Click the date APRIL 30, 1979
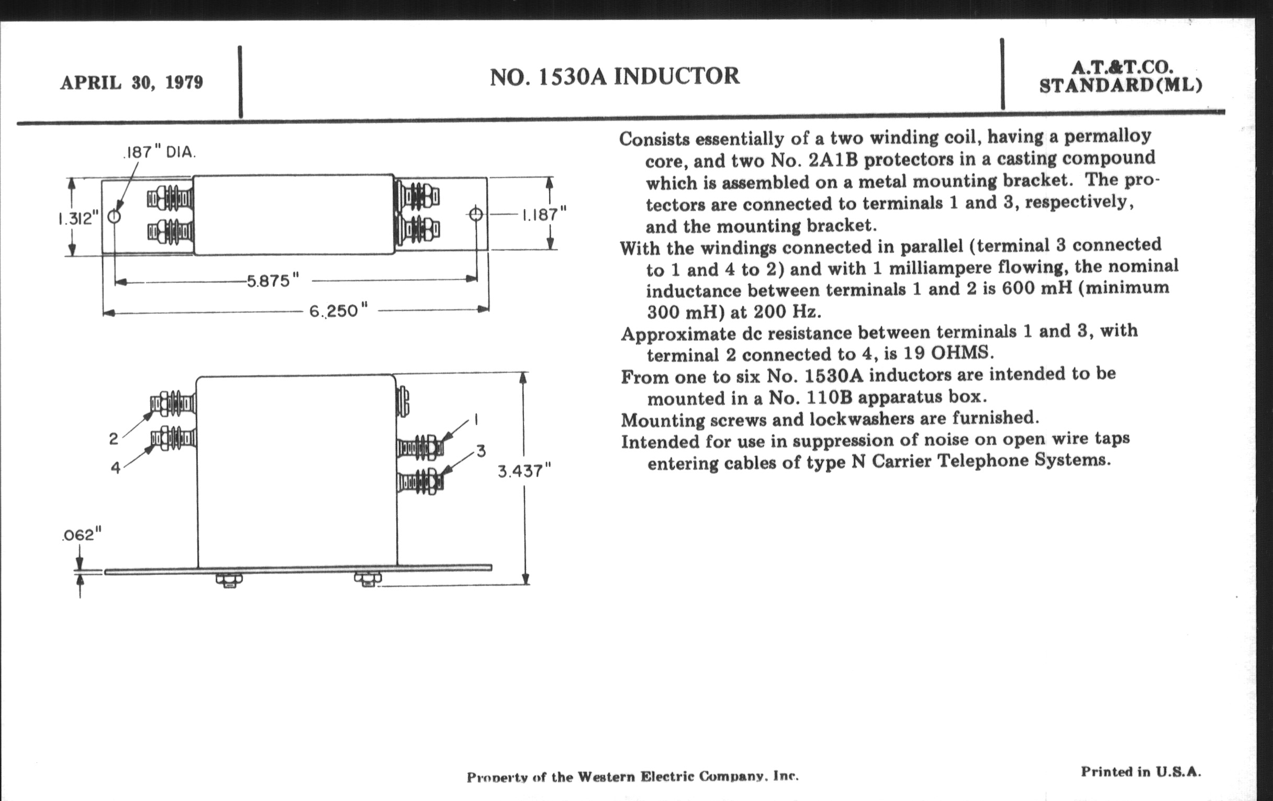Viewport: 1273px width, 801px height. coord(131,83)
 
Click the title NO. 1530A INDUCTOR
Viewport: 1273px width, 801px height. coord(615,76)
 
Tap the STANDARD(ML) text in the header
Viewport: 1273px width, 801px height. coord(1121,86)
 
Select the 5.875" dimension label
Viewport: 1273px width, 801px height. coord(273,280)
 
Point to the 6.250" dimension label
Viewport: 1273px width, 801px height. coord(338,311)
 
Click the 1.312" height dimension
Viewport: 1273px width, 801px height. coord(78,218)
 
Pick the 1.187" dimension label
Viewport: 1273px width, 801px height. coord(544,215)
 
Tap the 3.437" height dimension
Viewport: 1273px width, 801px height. coord(524,471)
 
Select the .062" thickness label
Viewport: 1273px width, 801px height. coord(81,535)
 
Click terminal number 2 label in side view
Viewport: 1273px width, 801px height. coord(114,438)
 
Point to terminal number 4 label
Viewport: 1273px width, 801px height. coord(115,468)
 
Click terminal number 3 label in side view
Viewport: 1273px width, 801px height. coord(481,451)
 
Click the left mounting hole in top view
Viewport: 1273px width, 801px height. coord(114,216)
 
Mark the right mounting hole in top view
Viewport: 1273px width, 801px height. coord(476,214)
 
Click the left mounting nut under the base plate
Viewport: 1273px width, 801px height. coord(229,581)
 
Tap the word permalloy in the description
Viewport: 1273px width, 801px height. coord(1108,137)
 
